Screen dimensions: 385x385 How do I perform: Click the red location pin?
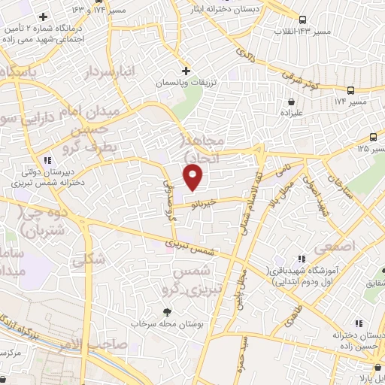pyautogui.click(x=193, y=177)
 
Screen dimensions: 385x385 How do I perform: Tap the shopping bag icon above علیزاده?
pyautogui.click(x=290, y=102)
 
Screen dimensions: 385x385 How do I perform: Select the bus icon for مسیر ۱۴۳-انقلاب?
pyautogui.click(x=302, y=20)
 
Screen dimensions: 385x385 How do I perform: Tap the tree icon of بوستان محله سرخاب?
pyautogui.click(x=166, y=311)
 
